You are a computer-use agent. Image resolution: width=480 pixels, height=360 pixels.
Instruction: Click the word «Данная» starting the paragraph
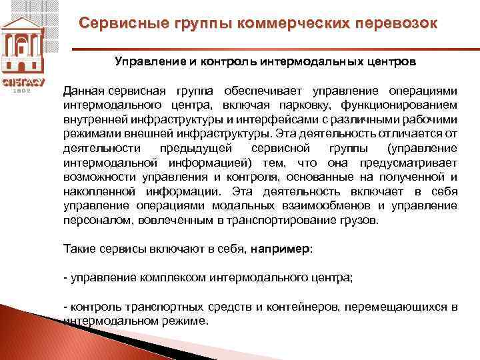[x=83, y=91]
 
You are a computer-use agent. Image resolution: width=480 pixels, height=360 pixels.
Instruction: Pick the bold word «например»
[x=281, y=248]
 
